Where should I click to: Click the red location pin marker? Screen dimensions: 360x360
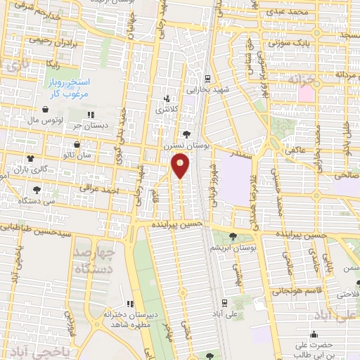pos(181,165)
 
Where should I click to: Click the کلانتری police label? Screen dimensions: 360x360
pos(167,110)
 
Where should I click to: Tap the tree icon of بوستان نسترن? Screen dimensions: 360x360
pos(186,134)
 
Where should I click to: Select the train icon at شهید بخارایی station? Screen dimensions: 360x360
pos(207,79)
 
